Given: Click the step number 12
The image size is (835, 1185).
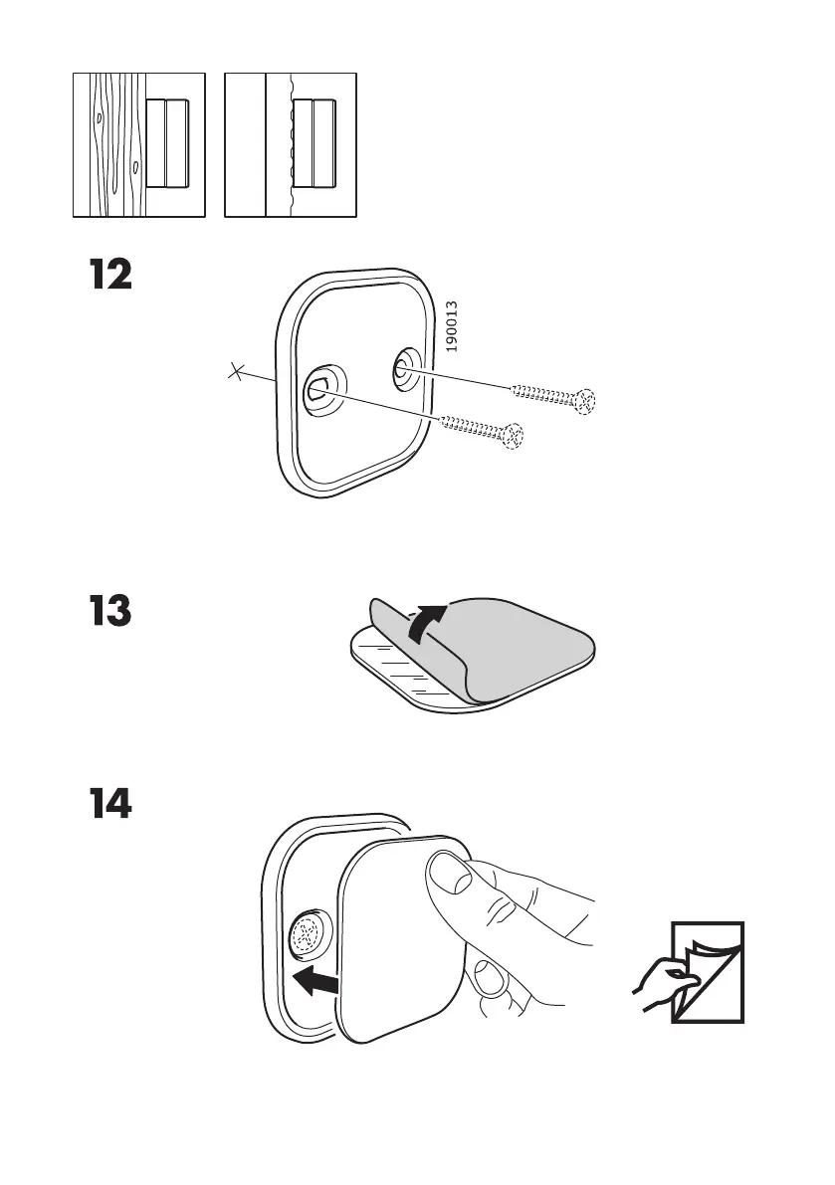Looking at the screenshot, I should [x=107, y=275].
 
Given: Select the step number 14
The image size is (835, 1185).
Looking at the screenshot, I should [x=107, y=805].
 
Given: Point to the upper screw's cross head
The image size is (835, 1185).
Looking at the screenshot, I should [x=588, y=402].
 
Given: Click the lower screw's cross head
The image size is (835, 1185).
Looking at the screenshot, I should [x=514, y=435].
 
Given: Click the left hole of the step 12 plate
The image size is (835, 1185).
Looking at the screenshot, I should [x=318, y=388].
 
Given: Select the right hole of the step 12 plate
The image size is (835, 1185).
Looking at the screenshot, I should [x=402, y=364].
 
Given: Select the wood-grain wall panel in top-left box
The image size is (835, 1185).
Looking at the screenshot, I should [x=107, y=144].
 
